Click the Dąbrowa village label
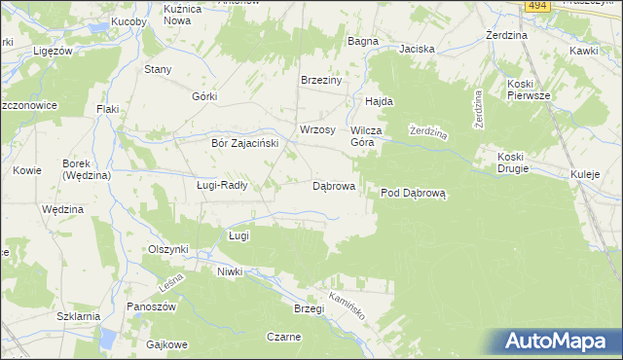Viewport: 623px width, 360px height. click(333, 185)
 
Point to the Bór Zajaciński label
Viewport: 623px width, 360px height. click(245, 142)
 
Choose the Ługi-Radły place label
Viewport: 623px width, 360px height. click(222, 185)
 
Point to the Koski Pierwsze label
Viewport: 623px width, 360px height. click(528, 90)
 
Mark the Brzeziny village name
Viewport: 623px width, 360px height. click(321, 81)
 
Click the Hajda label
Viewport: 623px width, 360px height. click(378, 101)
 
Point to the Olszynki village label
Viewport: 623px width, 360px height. click(167, 249)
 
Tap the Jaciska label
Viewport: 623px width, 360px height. click(416, 48)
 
